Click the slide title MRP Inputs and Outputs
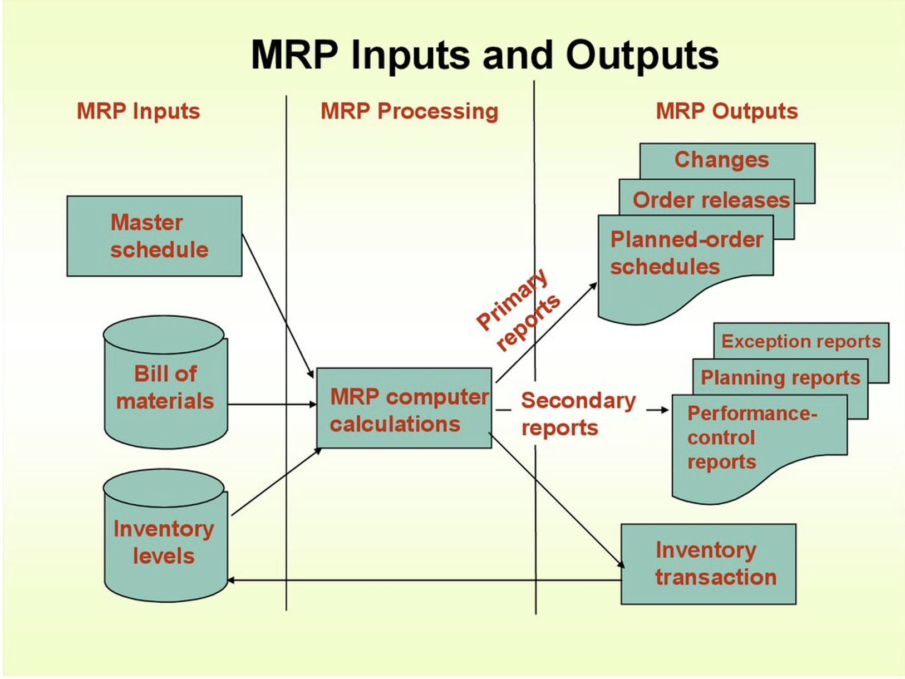[x=484, y=55]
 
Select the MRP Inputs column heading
[x=138, y=111]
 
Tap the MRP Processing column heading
[x=409, y=111]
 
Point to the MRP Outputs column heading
[x=726, y=111]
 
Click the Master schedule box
[x=154, y=236]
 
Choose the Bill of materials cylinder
[x=165, y=387]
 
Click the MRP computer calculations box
[x=404, y=410]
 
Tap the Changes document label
[x=721, y=160]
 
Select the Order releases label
[x=711, y=200]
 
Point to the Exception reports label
[x=801, y=341]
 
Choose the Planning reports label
[x=780, y=377]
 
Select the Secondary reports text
[x=577, y=414]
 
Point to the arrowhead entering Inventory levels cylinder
[x=230, y=580]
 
